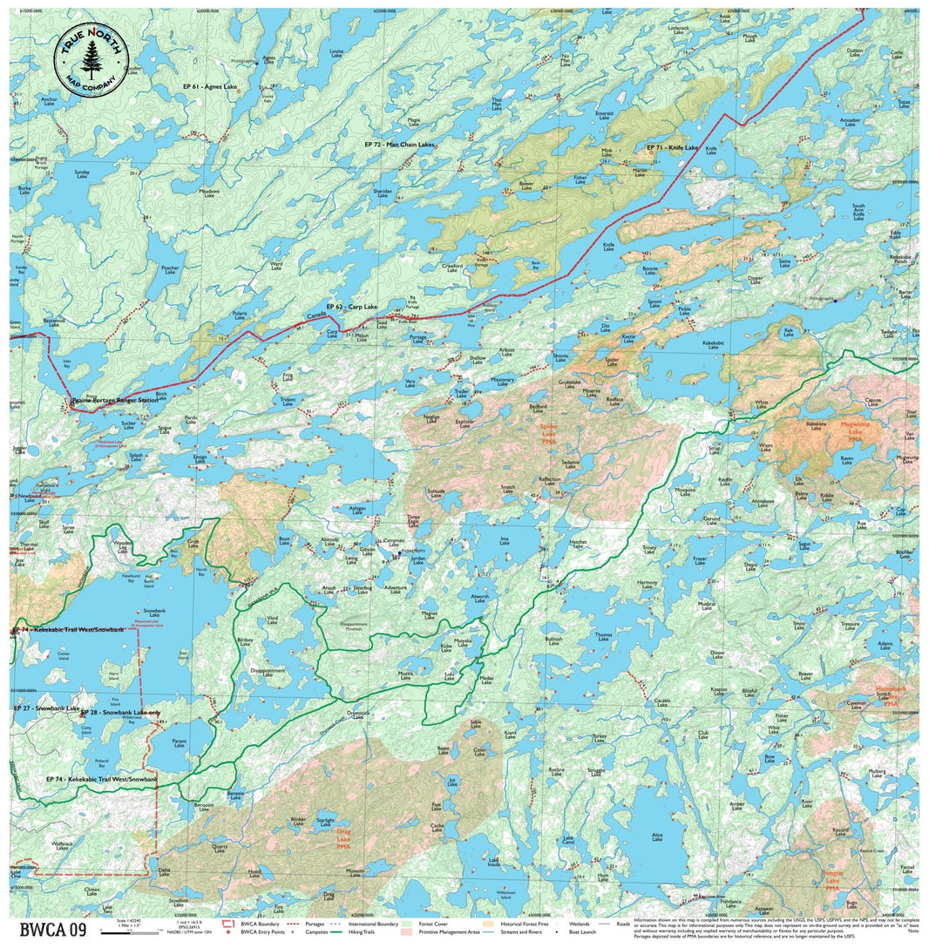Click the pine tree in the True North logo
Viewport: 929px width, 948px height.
(x=91, y=58)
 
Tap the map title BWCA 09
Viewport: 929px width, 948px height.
(x=52, y=930)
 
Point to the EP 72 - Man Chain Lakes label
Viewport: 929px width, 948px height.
(x=399, y=143)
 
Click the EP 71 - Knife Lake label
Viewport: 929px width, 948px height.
(x=672, y=148)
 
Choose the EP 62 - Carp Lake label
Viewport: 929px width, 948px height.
(x=352, y=307)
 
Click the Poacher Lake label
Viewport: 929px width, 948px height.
(x=170, y=270)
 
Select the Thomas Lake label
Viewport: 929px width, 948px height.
(x=604, y=637)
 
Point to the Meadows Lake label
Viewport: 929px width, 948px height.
(x=209, y=193)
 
